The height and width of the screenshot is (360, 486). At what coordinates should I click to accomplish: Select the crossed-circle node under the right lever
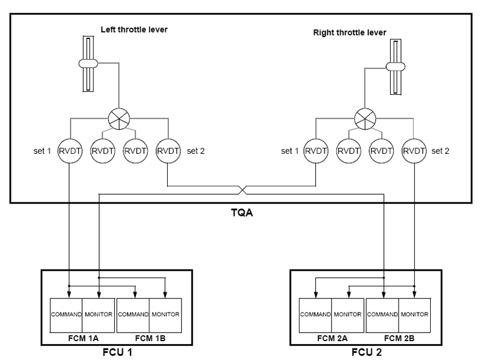(x=366, y=116)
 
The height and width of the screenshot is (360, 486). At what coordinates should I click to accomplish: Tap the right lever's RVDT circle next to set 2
(x=415, y=149)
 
